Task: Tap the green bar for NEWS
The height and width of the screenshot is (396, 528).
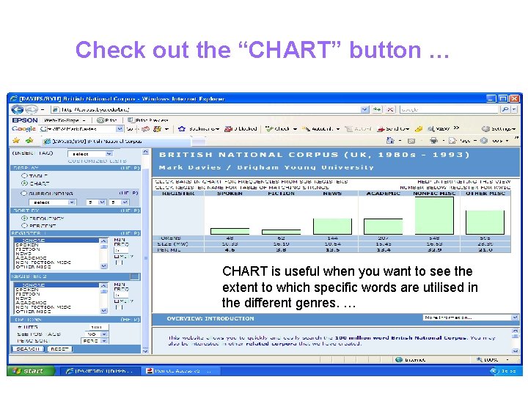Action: [332, 226]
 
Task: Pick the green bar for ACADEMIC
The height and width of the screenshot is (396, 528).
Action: [384, 226]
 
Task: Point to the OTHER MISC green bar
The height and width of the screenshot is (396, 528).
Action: [485, 221]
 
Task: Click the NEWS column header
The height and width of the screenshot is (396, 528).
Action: [332, 194]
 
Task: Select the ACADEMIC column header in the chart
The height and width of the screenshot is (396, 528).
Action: [384, 194]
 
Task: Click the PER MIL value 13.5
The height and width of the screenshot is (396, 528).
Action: [332, 249]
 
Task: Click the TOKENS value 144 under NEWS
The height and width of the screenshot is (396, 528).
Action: [332, 238]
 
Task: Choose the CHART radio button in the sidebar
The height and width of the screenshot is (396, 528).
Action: [24, 183]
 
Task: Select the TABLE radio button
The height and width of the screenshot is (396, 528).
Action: [24, 175]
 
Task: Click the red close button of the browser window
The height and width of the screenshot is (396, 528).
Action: [513, 98]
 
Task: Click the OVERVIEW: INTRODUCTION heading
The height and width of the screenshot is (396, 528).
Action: [210, 318]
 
